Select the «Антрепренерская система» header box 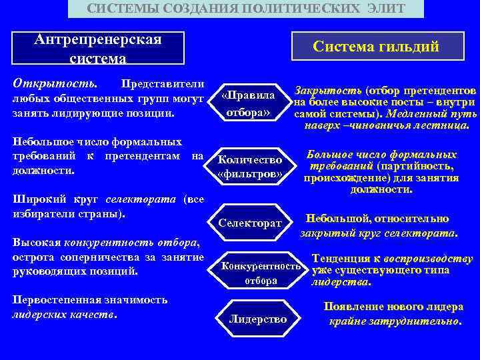[x=99, y=48]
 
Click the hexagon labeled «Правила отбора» [x=248, y=103]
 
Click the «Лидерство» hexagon [x=258, y=319]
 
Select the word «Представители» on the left [x=160, y=85]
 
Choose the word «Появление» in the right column [x=349, y=307]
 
